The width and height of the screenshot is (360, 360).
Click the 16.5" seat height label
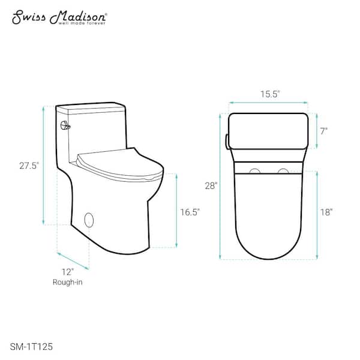pyautogui.click(x=190, y=211)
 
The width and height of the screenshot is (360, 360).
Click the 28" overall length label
pyautogui.click(x=210, y=186)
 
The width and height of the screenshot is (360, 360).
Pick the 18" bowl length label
pyautogui.click(x=326, y=211)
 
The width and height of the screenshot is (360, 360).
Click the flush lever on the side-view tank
pyautogui.click(x=65, y=125)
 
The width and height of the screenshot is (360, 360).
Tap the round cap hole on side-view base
pyautogui.click(x=90, y=220)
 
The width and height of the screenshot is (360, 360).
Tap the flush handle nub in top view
pyautogui.click(x=226, y=140)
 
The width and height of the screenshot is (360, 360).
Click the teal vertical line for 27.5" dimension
pyautogui.click(x=44, y=165)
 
